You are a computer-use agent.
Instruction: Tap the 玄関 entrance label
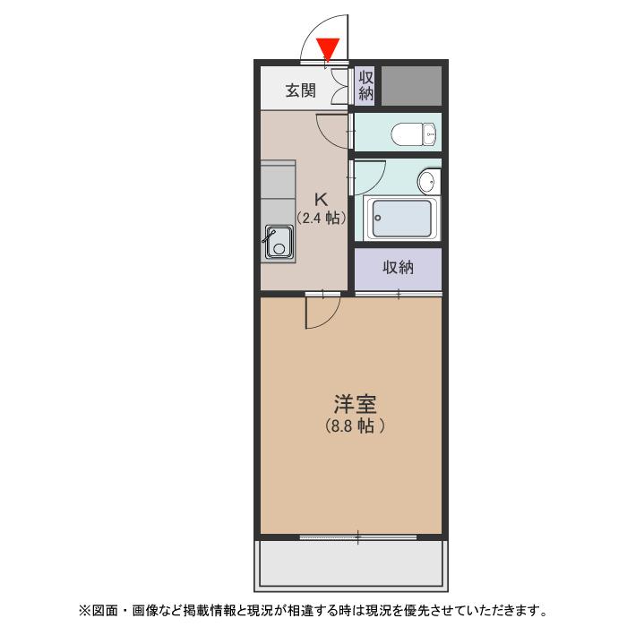(301, 90)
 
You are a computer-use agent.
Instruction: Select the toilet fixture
(413, 135)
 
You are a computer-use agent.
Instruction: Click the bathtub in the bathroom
(401, 219)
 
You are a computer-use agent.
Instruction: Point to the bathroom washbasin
(427, 183)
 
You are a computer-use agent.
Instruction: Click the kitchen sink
(278, 243)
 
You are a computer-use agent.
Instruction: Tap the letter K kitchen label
(319, 199)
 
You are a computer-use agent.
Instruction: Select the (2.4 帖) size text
(321, 218)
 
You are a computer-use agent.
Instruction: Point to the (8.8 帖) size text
(356, 426)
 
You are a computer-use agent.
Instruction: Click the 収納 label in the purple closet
(398, 268)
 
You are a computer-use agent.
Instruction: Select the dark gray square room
(412, 85)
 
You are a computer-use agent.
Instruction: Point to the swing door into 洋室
(322, 311)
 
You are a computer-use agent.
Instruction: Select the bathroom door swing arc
(369, 176)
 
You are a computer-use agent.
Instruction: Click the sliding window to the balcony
(357, 537)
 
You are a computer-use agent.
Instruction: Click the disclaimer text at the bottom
(313, 611)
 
